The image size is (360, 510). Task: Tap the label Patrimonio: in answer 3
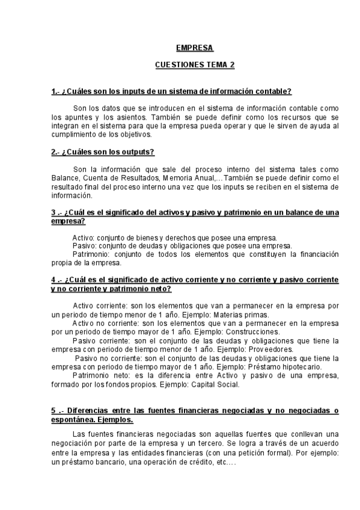point(91,254)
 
